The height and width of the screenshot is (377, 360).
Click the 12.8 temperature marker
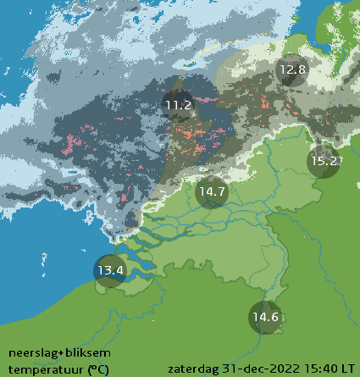pos(291,70)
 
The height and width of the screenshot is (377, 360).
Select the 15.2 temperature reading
pos(324,160)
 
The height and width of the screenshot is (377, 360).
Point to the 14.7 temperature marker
pos(211,192)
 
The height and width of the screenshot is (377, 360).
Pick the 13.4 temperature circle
pos(110,271)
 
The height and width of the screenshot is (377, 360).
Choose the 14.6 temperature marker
pos(264,318)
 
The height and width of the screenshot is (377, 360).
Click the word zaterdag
pos(194,369)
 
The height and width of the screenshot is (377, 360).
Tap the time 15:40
pos(318,369)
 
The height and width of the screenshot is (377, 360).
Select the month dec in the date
pos(249,369)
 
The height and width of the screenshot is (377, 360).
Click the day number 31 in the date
pos(229,369)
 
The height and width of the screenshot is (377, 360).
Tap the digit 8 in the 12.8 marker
pos(301,70)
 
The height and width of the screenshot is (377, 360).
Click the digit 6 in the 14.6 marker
pos(274,318)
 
